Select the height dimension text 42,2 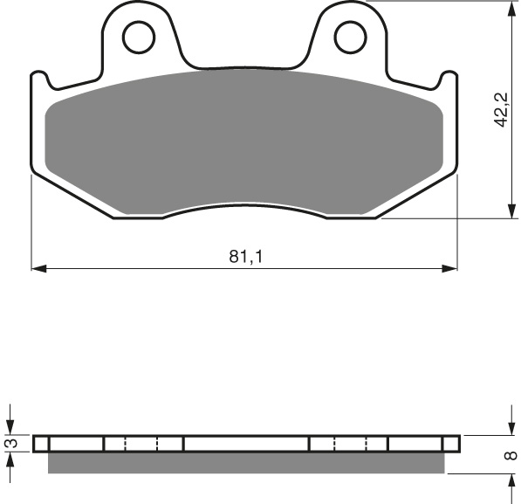coord(500,109)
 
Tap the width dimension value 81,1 coord(245,257)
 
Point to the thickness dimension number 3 coord(11,444)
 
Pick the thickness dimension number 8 coord(511,454)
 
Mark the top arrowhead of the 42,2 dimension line coord(510,8)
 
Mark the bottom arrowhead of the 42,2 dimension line coord(510,211)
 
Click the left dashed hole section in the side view coord(142,444)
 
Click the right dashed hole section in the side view coord(349,444)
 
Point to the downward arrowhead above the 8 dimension coord(510,428)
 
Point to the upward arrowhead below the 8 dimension coord(510,481)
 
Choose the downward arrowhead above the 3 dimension coord(10,428)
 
